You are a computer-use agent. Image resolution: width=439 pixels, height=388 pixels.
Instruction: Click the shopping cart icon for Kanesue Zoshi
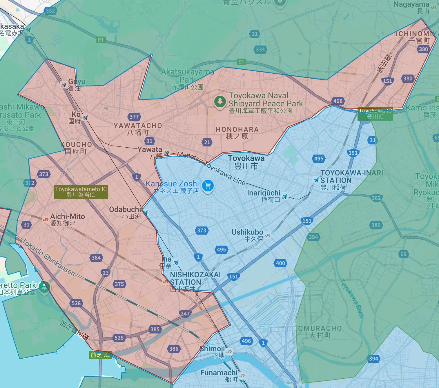pyautogui.click(x=208, y=186)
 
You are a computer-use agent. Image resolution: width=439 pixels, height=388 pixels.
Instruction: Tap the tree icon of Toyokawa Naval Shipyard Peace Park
pyautogui.click(x=220, y=101)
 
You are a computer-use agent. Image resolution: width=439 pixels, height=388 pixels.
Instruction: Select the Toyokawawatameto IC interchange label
pyautogui.click(x=81, y=192)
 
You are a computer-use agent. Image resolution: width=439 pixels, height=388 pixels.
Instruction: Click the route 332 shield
pyautogui.click(x=50, y=11)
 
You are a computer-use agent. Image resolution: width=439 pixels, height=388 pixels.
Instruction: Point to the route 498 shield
pyautogui.click(x=338, y=101)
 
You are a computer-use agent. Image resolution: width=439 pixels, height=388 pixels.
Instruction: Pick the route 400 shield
pyautogui.click(x=280, y=263)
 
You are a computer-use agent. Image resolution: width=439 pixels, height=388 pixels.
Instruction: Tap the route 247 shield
pyautogui.click(x=185, y=313)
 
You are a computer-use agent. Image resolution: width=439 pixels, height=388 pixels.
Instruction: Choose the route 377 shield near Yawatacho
pyautogui.click(x=134, y=117)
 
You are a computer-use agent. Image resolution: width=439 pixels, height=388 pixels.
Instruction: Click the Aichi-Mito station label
pyautogui.click(x=67, y=220)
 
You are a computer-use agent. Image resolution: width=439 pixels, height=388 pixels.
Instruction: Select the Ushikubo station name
pyautogui.click(x=247, y=235)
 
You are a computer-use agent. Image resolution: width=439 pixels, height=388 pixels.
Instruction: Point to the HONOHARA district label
pyautogui.click(x=237, y=133)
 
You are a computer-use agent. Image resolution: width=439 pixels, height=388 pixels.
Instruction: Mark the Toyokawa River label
pyautogui.click(x=351, y=298)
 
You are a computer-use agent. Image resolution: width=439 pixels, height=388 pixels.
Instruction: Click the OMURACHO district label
pyautogui.click(x=320, y=331)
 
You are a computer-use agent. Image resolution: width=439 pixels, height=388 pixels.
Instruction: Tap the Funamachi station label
pyautogui.click(x=219, y=376)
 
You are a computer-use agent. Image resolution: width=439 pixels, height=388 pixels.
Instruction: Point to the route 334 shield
pyautogui.click(x=260, y=49)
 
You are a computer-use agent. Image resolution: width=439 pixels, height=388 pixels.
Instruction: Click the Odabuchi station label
pyautogui.click(x=125, y=213)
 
